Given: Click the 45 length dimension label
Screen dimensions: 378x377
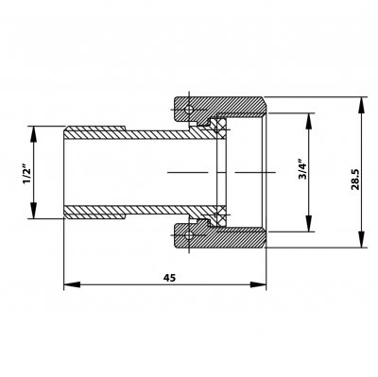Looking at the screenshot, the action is pyautogui.click(x=169, y=278).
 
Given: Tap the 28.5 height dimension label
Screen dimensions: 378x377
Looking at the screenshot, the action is pyautogui.click(x=355, y=179).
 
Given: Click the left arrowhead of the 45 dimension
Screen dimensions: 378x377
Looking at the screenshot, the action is pyautogui.click(x=72, y=284).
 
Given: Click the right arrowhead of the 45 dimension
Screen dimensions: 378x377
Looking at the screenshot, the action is pyautogui.click(x=258, y=284).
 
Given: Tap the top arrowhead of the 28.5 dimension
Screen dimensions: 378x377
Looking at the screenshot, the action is pyautogui.click(x=362, y=106).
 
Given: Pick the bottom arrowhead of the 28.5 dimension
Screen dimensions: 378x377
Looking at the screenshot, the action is pyautogui.click(x=362, y=239).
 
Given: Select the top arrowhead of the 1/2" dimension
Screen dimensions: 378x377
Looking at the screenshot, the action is pyautogui.click(x=34, y=134).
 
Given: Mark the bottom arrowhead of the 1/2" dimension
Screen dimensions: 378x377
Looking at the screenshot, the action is pyautogui.click(x=34, y=211).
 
